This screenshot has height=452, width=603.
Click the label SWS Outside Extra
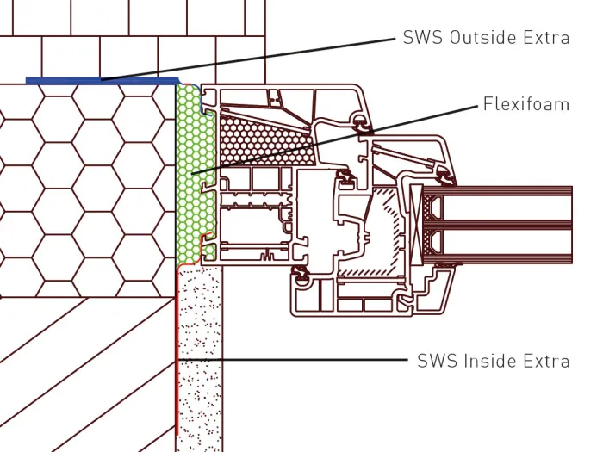pos(486,38)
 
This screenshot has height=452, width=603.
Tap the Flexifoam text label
pos(526,104)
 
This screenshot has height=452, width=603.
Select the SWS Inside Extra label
pos(493,362)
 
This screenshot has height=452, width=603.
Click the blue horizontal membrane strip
pos(103,81)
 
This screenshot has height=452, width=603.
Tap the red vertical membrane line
pos(177,351)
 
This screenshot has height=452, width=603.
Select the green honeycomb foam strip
pos(196,175)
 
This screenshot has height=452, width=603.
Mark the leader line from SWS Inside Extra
pos(292,360)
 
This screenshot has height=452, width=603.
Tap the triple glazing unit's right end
pos(572,225)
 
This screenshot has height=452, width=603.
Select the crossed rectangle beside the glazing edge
pos(416,225)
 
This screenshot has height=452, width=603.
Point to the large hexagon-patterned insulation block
pos(88,191)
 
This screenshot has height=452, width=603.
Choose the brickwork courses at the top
pos(133,41)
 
